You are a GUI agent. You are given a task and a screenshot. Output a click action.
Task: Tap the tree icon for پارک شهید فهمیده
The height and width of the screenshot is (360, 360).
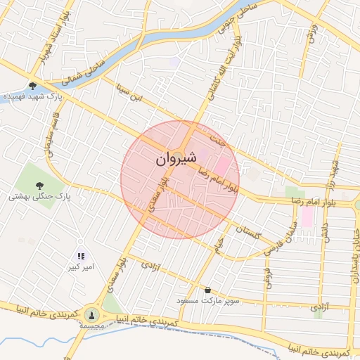point(32,85)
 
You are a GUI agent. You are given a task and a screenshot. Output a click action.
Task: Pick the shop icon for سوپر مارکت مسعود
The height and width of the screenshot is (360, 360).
point(207,289)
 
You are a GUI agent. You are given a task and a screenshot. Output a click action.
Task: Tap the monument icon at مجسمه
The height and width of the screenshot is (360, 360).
point(92,314)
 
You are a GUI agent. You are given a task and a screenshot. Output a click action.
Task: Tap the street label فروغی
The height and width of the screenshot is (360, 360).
point(268,277)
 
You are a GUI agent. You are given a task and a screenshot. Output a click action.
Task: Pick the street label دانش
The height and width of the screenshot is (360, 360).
point(324,225)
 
